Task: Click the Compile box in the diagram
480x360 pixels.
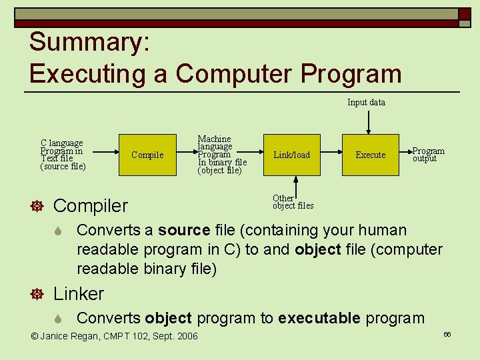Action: (147, 155)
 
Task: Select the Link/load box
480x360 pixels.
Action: (292, 155)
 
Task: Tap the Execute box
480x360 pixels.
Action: (370, 155)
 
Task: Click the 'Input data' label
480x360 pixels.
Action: (366, 103)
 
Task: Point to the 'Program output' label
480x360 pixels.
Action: (428, 155)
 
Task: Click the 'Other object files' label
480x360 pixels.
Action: (293, 202)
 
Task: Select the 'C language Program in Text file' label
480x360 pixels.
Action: (63, 155)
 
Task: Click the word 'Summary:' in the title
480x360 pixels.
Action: (89, 42)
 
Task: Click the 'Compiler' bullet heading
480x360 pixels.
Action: (90, 206)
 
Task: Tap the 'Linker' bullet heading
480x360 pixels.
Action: (79, 294)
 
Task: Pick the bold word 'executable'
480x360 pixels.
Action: (319, 318)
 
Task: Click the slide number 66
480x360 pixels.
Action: (447, 334)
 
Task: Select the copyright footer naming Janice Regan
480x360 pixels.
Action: (115, 336)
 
